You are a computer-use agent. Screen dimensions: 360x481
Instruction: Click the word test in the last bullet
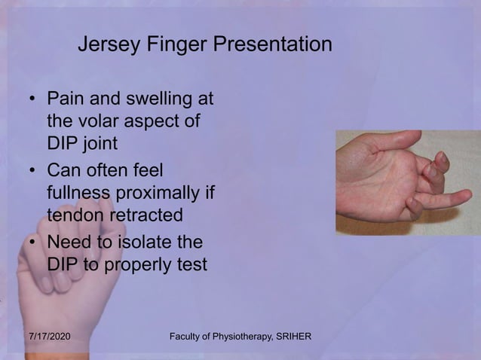click(x=191, y=264)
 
